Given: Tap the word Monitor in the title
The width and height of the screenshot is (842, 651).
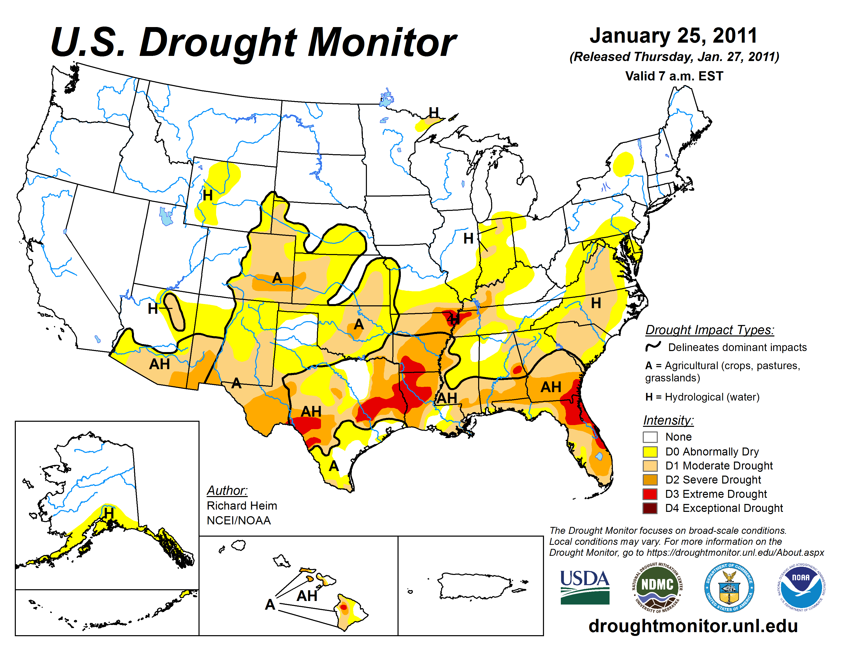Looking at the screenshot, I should [382, 42].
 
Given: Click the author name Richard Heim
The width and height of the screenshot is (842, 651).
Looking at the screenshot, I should [242, 505].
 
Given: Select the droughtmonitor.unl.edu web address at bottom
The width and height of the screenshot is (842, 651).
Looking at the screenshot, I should [693, 625].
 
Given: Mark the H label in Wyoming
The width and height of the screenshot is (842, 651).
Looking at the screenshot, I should [208, 196].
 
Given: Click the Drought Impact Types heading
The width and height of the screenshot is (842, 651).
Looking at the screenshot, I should [709, 330].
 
